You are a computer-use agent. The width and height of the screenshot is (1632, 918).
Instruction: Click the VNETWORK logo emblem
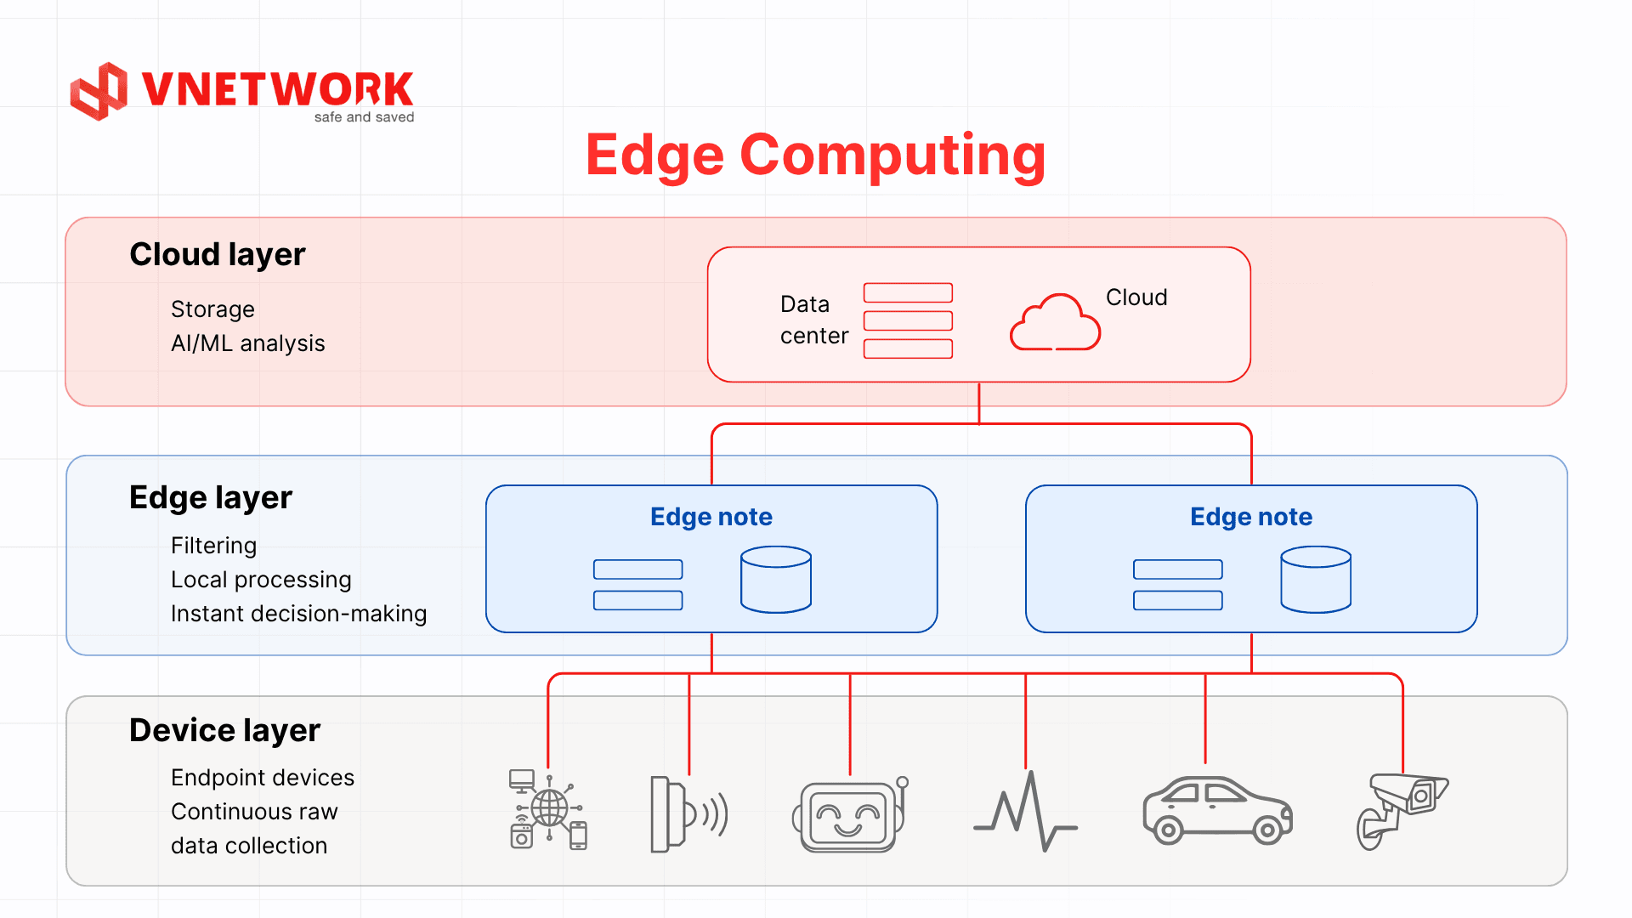pyautogui.click(x=99, y=91)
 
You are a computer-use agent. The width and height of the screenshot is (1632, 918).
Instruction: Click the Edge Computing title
pyautogui.click(x=815, y=155)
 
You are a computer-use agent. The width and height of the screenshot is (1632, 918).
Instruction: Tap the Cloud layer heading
pyautogui.click(x=217, y=254)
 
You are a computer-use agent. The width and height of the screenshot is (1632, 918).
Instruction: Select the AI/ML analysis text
pyautogui.click(x=247, y=343)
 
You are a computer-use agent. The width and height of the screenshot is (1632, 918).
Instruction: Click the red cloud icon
pyautogui.click(x=1055, y=323)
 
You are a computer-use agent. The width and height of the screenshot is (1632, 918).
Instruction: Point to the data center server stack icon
pyautogui.click(x=908, y=320)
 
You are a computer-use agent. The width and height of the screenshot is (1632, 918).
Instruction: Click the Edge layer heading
pyautogui.click(x=210, y=497)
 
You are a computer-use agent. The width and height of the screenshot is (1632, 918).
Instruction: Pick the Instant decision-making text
pyautogui.click(x=298, y=614)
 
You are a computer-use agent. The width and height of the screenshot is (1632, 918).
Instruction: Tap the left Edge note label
pyautogui.click(x=711, y=517)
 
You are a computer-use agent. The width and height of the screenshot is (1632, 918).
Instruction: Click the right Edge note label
pyautogui.click(x=1250, y=517)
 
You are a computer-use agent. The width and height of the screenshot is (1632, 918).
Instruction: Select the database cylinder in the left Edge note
pyautogui.click(x=775, y=580)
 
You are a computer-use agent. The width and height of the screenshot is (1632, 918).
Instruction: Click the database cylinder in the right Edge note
pyautogui.click(x=1315, y=580)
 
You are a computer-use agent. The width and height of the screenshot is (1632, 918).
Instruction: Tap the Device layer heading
pyautogui.click(x=224, y=730)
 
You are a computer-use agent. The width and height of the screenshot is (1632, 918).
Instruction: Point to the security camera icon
pyautogui.click(x=1401, y=810)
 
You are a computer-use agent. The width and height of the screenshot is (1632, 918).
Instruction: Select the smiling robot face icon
pyautogui.click(x=849, y=814)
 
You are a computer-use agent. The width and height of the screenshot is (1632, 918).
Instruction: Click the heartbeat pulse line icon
pyautogui.click(x=1025, y=812)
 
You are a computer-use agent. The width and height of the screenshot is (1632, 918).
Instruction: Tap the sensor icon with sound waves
pyautogui.click(x=688, y=813)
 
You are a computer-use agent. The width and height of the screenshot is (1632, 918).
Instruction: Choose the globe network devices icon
pyautogui.click(x=548, y=809)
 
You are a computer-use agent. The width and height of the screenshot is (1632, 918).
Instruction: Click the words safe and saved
pyautogui.click(x=364, y=117)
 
